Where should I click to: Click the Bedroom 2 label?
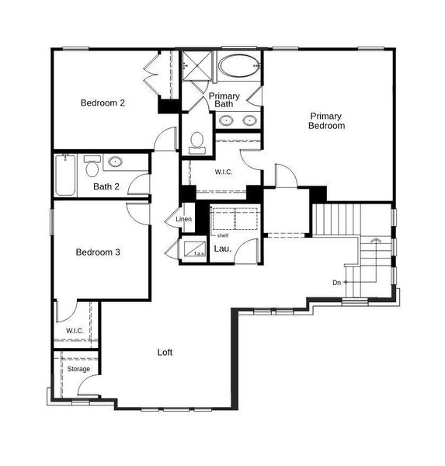103,103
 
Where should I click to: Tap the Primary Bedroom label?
326,120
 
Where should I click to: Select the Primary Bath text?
224,99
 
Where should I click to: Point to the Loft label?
165,352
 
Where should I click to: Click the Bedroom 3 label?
97,252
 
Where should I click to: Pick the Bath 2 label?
106,186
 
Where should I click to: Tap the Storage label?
78,369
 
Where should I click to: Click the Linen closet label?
183,220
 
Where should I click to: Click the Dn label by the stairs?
336,282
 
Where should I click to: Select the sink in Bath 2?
116,162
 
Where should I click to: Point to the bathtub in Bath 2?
64,175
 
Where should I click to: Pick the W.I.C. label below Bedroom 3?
75,331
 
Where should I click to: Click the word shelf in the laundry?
222,235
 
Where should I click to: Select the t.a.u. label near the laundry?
199,253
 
